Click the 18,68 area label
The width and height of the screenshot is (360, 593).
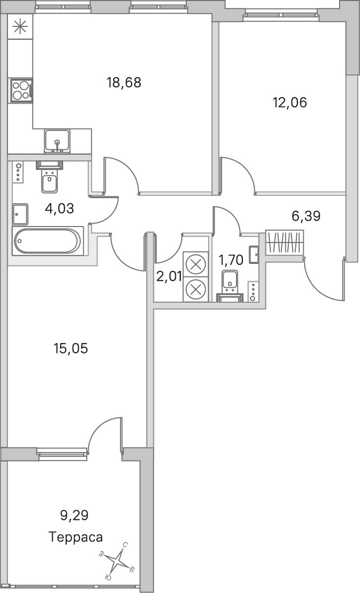pos(124,82)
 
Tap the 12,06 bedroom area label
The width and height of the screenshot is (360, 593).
pos(290,102)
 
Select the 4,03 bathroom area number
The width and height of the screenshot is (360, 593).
pos(59,208)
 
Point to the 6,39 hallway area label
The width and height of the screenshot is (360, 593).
pos(306,216)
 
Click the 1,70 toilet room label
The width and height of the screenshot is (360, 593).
pos(231,260)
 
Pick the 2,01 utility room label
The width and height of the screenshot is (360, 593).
pos(169,276)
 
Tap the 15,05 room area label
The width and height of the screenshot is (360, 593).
pos(71,349)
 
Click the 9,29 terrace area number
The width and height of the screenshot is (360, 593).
pos(74,515)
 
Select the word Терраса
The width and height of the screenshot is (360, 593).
pos(76,537)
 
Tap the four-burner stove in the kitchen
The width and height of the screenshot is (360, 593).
pos(21,91)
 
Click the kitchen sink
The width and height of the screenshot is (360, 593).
pos(57,141)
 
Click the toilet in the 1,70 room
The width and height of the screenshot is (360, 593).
pos(230,285)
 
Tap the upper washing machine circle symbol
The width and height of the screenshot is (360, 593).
pos(196,264)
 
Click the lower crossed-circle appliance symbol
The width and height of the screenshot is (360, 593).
pos(196,289)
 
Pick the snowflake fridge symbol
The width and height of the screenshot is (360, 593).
pos(20,27)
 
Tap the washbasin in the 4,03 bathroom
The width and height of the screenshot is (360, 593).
pos(20,214)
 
